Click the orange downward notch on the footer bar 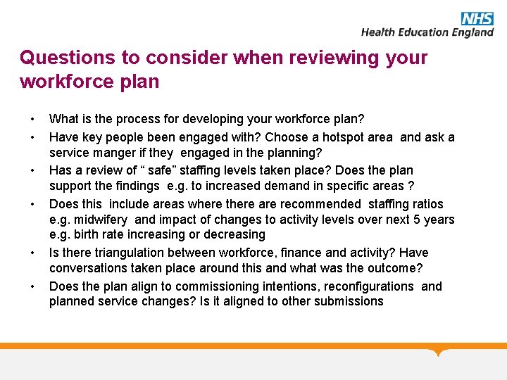point(439,351)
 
